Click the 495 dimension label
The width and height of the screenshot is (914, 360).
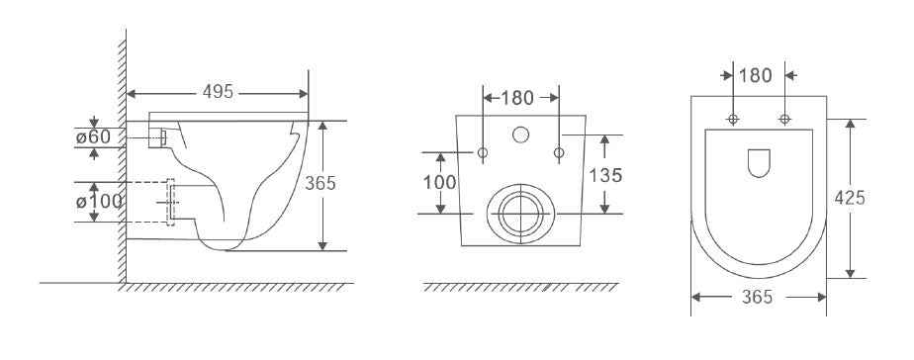click(x=218, y=92)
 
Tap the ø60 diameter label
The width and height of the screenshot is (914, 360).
click(x=93, y=137)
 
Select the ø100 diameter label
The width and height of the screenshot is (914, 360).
click(x=99, y=202)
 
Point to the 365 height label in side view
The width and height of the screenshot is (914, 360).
click(x=320, y=184)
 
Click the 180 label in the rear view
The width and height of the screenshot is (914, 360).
click(x=517, y=99)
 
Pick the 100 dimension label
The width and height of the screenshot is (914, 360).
click(x=439, y=183)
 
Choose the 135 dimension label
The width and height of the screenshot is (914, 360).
click(x=605, y=175)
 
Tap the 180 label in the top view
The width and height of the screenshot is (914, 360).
click(x=756, y=76)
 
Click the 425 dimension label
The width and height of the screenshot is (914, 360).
click(x=850, y=199)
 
